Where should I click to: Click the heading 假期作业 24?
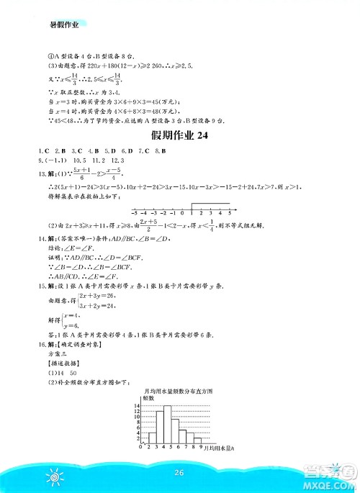point(180,139)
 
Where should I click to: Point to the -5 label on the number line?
point(134,214)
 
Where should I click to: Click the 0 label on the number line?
point(181,214)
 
